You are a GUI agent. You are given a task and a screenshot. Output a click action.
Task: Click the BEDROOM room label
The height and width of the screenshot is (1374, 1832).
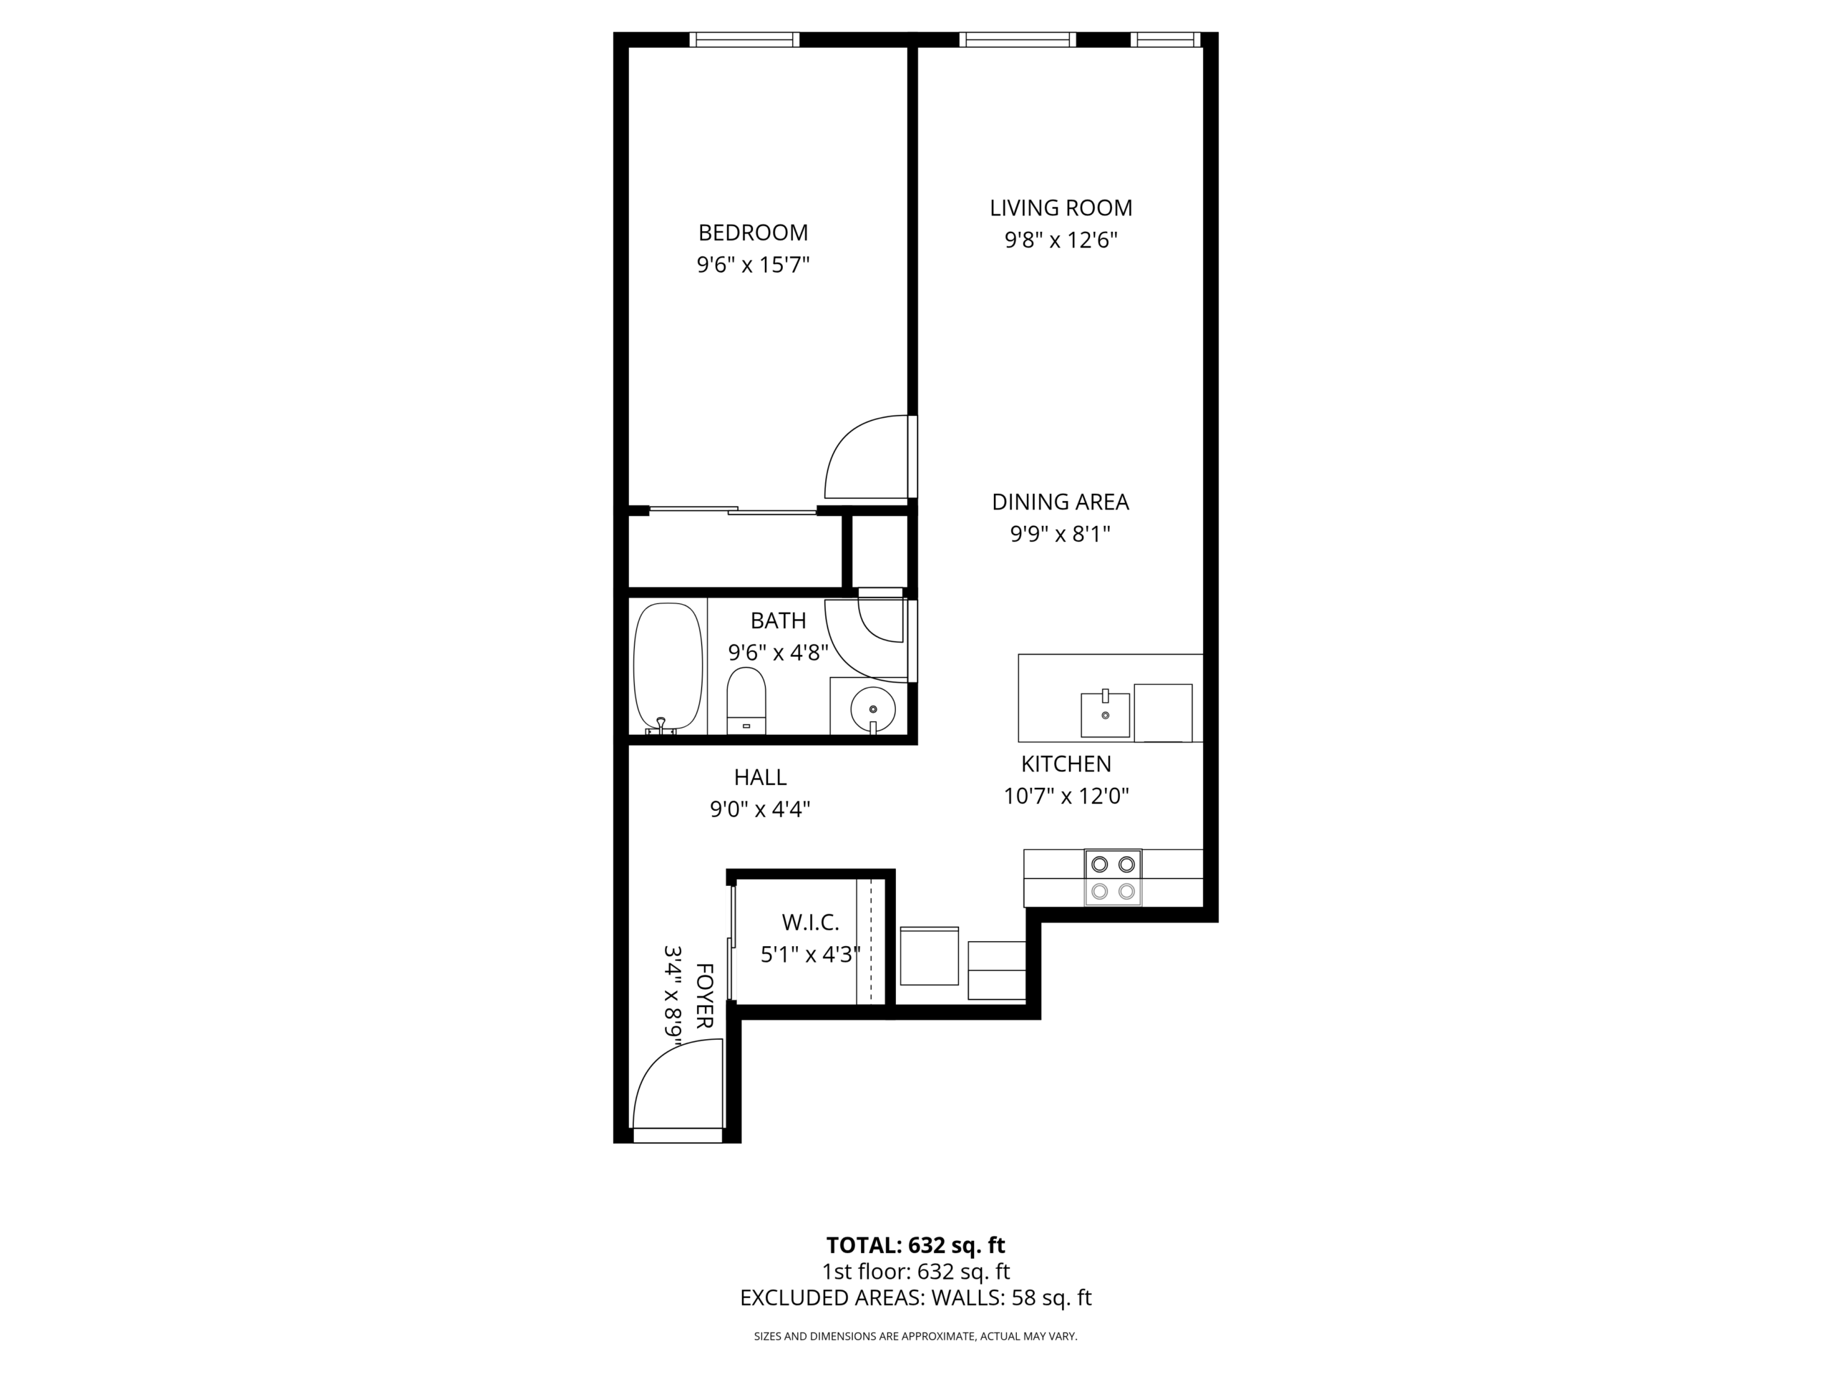coord(752,233)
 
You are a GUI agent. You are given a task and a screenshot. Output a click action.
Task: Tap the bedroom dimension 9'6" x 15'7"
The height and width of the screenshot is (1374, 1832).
coord(752,265)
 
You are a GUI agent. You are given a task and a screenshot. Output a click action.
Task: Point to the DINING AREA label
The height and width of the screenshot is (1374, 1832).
coord(1060,502)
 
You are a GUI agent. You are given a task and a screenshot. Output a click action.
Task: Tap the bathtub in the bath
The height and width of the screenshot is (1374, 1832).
coord(668,668)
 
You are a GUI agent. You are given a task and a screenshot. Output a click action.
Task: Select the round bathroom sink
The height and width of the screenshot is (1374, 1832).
coord(872,710)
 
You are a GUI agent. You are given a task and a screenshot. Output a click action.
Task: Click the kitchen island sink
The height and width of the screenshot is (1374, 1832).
coord(1105,715)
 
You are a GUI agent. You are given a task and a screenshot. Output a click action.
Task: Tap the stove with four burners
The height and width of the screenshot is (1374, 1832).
coord(1112,877)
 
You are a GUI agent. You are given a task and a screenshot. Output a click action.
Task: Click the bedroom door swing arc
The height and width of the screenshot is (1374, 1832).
coord(862,458)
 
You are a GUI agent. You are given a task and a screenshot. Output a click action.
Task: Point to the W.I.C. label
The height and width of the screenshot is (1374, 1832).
coord(810,922)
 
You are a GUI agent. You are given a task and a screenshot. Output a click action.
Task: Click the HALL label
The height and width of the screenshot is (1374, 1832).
coord(759,777)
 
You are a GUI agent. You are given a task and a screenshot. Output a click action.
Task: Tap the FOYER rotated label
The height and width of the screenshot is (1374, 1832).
coord(704,995)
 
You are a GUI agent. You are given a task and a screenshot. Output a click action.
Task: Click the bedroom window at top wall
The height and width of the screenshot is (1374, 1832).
coord(744,39)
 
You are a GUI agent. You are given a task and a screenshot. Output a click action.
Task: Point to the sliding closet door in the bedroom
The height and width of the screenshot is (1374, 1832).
coord(733,510)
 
